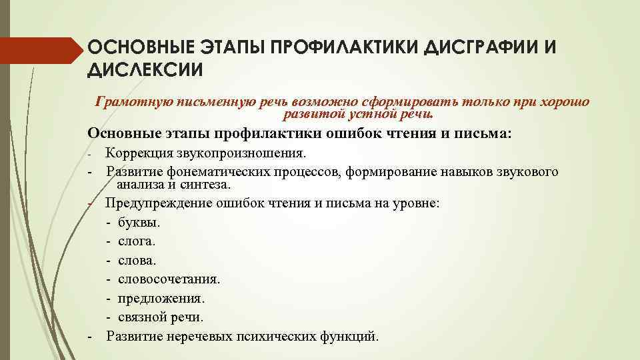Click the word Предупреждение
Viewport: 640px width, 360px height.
click(153, 203)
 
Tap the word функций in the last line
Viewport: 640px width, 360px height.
click(351, 335)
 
